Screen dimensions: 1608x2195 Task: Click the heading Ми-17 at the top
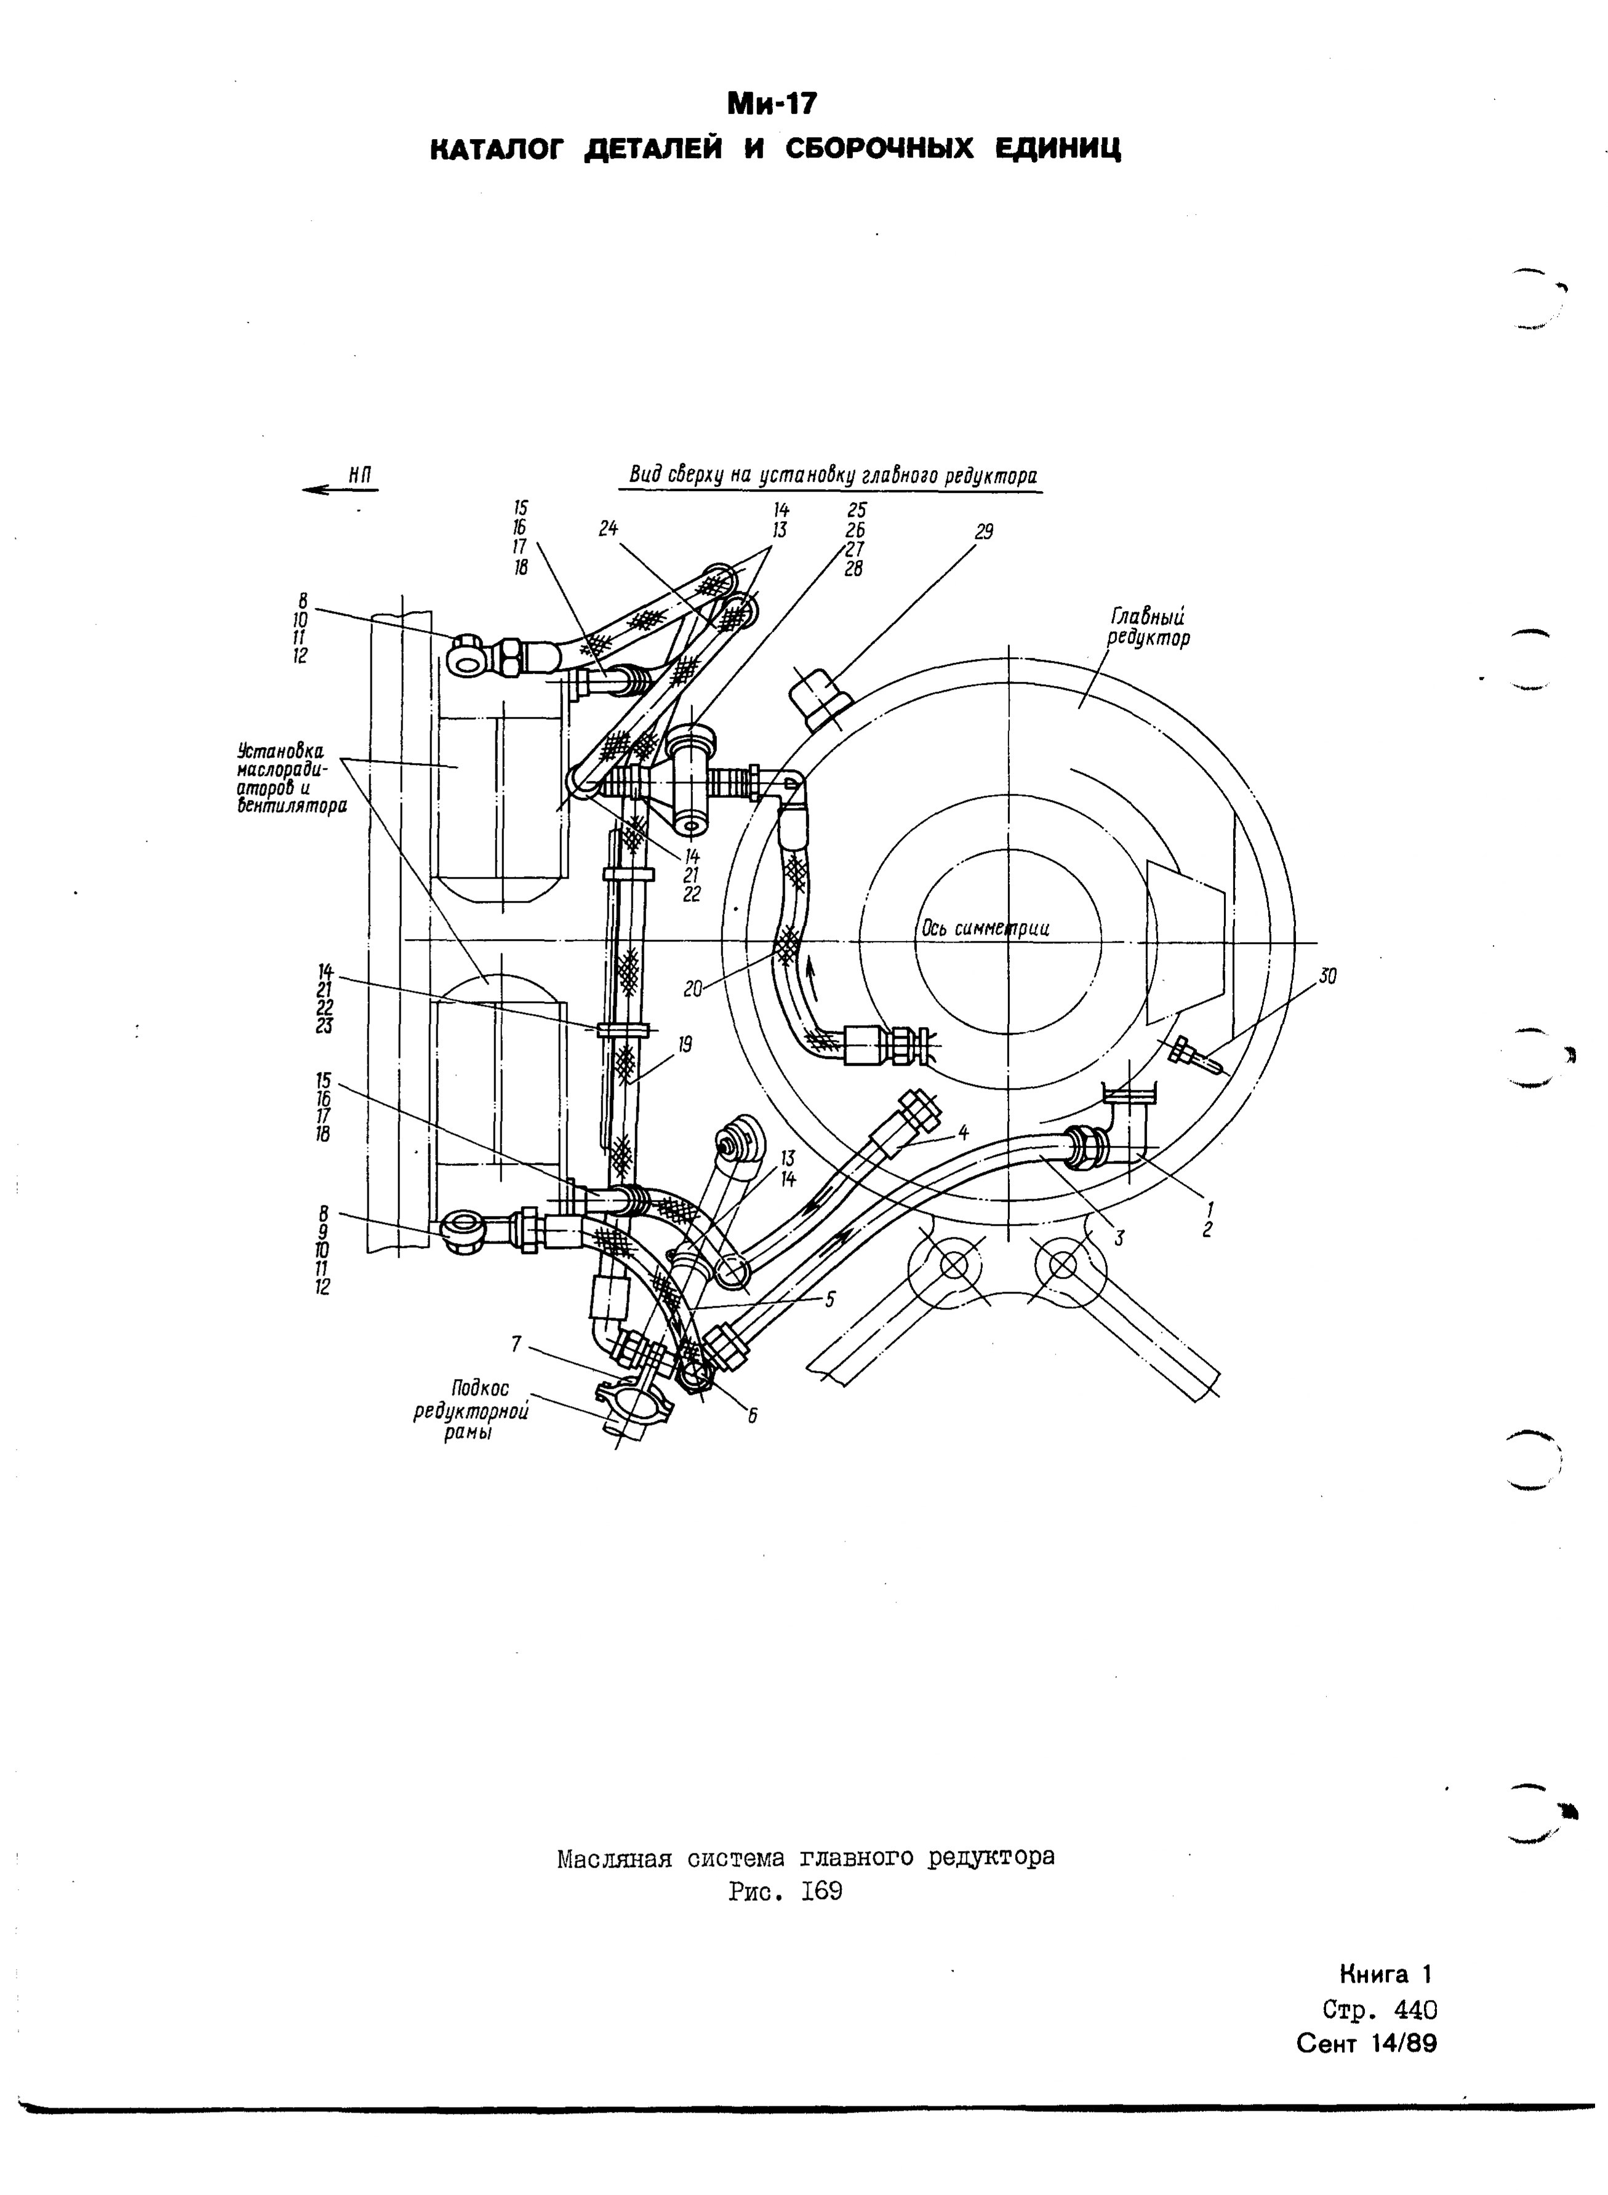pyautogui.click(x=774, y=103)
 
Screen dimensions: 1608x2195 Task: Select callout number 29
pyautogui.click(x=984, y=532)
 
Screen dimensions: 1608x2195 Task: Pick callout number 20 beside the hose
pyautogui.click(x=693, y=989)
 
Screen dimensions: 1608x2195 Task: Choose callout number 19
pyautogui.click(x=686, y=1044)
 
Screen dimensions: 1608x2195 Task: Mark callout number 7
pyautogui.click(x=517, y=1344)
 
